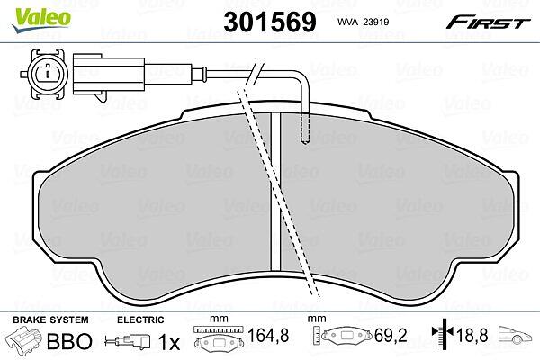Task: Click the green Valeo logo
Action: (41, 20)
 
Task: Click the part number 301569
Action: (270, 22)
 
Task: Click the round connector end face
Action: (48, 74)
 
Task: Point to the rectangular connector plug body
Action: (109, 74)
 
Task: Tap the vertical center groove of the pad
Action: (275, 191)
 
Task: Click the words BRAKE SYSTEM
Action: (50, 319)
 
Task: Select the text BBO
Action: (69, 341)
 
